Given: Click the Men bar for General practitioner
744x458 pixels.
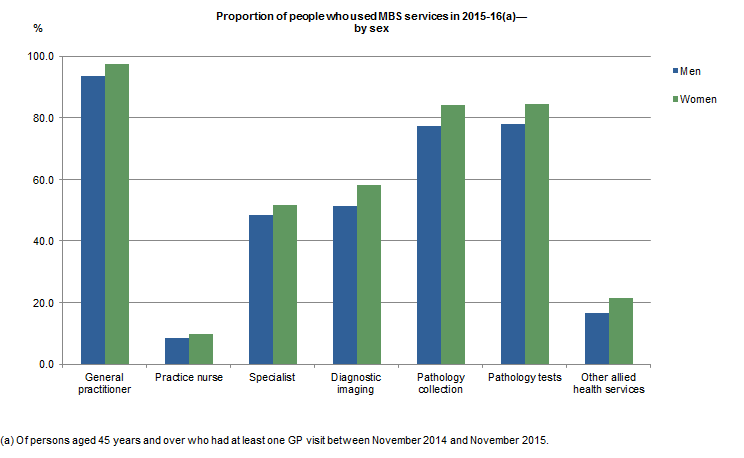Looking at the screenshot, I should (x=93, y=220).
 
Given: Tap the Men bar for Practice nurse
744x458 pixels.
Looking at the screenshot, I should (x=177, y=351).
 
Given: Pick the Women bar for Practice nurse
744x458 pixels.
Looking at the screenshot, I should (x=201, y=349).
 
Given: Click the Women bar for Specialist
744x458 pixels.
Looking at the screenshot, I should (x=285, y=285).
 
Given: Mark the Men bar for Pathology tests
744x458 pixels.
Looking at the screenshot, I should (x=513, y=244).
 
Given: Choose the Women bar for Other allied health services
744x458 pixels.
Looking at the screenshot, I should (x=621, y=331).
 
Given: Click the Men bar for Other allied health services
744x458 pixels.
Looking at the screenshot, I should (x=597, y=339).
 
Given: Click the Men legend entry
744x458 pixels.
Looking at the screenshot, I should (x=690, y=71).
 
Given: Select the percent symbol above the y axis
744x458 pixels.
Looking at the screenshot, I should (x=38, y=29).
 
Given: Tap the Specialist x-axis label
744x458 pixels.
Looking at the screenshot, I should (x=273, y=378).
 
